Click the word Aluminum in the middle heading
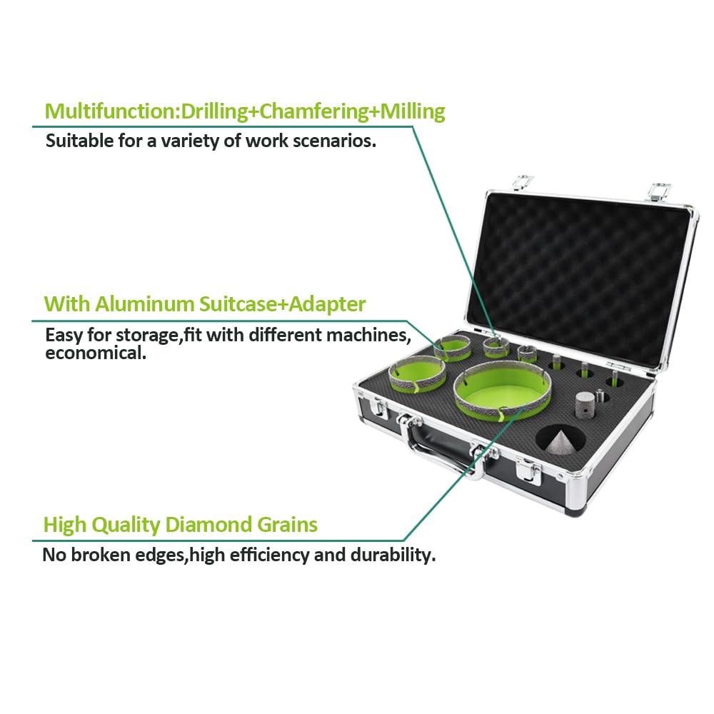coord(145,303)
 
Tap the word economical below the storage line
coord(96,353)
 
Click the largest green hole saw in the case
coord(503,391)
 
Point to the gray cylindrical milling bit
coord(585,404)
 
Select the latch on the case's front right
coord(528,470)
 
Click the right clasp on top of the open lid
coord(659,191)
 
